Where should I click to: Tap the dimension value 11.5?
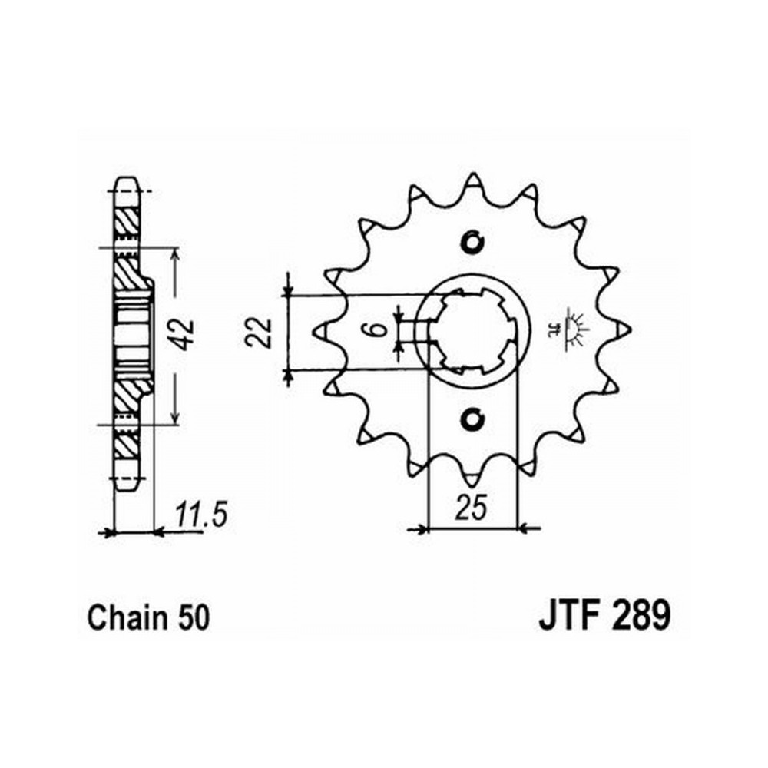[201, 514]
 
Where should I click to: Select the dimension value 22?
[258, 333]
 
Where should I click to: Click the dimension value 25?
[472, 507]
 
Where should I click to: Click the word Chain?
[127, 617]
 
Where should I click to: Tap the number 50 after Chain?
[194, 618]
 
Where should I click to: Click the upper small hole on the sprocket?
[472, 243]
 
